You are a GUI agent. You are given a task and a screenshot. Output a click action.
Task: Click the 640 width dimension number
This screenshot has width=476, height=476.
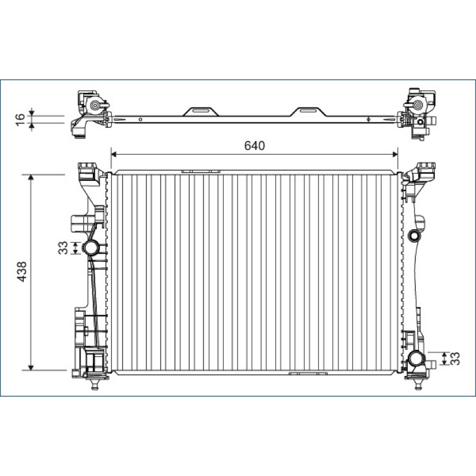[x=255, y=146]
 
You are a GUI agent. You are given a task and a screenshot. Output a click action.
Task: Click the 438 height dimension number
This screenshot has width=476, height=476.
[x=23, y=272]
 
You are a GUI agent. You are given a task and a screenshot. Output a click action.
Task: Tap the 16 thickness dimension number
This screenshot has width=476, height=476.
[x=20, y=120]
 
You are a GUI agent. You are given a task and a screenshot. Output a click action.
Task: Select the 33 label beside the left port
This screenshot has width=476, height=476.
[x=63, y=248]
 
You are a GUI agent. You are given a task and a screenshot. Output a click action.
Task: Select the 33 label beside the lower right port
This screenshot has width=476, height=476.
[x=455, y=359]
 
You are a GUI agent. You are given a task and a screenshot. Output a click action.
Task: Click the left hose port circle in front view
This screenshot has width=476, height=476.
[x=92, y=248]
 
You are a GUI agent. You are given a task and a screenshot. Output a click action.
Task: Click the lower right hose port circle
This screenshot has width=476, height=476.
[x=415, y=359]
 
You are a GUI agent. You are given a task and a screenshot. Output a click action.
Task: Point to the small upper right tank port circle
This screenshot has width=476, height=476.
[x=414, y=236]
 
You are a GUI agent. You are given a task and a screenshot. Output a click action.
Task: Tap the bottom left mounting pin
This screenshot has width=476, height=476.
[x=95, y=384]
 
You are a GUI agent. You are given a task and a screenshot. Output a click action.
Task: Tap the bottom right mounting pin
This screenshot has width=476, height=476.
[x=418, y=384]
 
